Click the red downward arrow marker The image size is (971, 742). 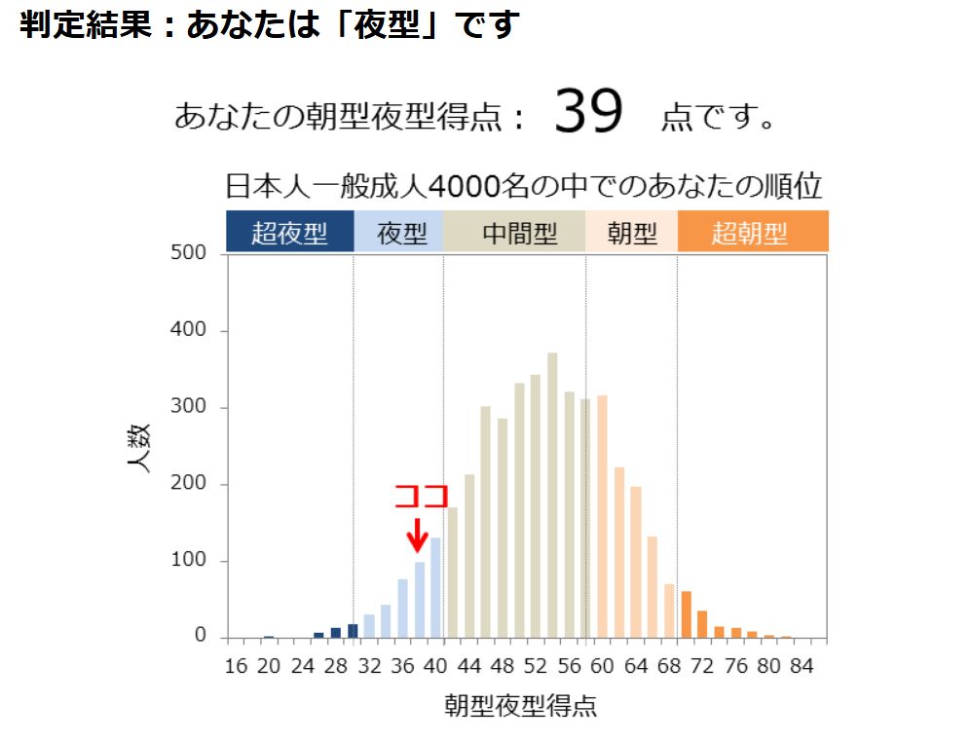(417, 535)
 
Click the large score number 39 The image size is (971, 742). (588, 113)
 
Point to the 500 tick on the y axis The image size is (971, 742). (189, 253)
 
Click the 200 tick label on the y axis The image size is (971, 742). (189, 484)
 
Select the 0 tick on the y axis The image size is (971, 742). (201, 637)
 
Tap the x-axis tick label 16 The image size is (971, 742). (236, 667)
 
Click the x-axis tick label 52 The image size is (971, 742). (536, 667)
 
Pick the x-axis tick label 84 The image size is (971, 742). (802, 667)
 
